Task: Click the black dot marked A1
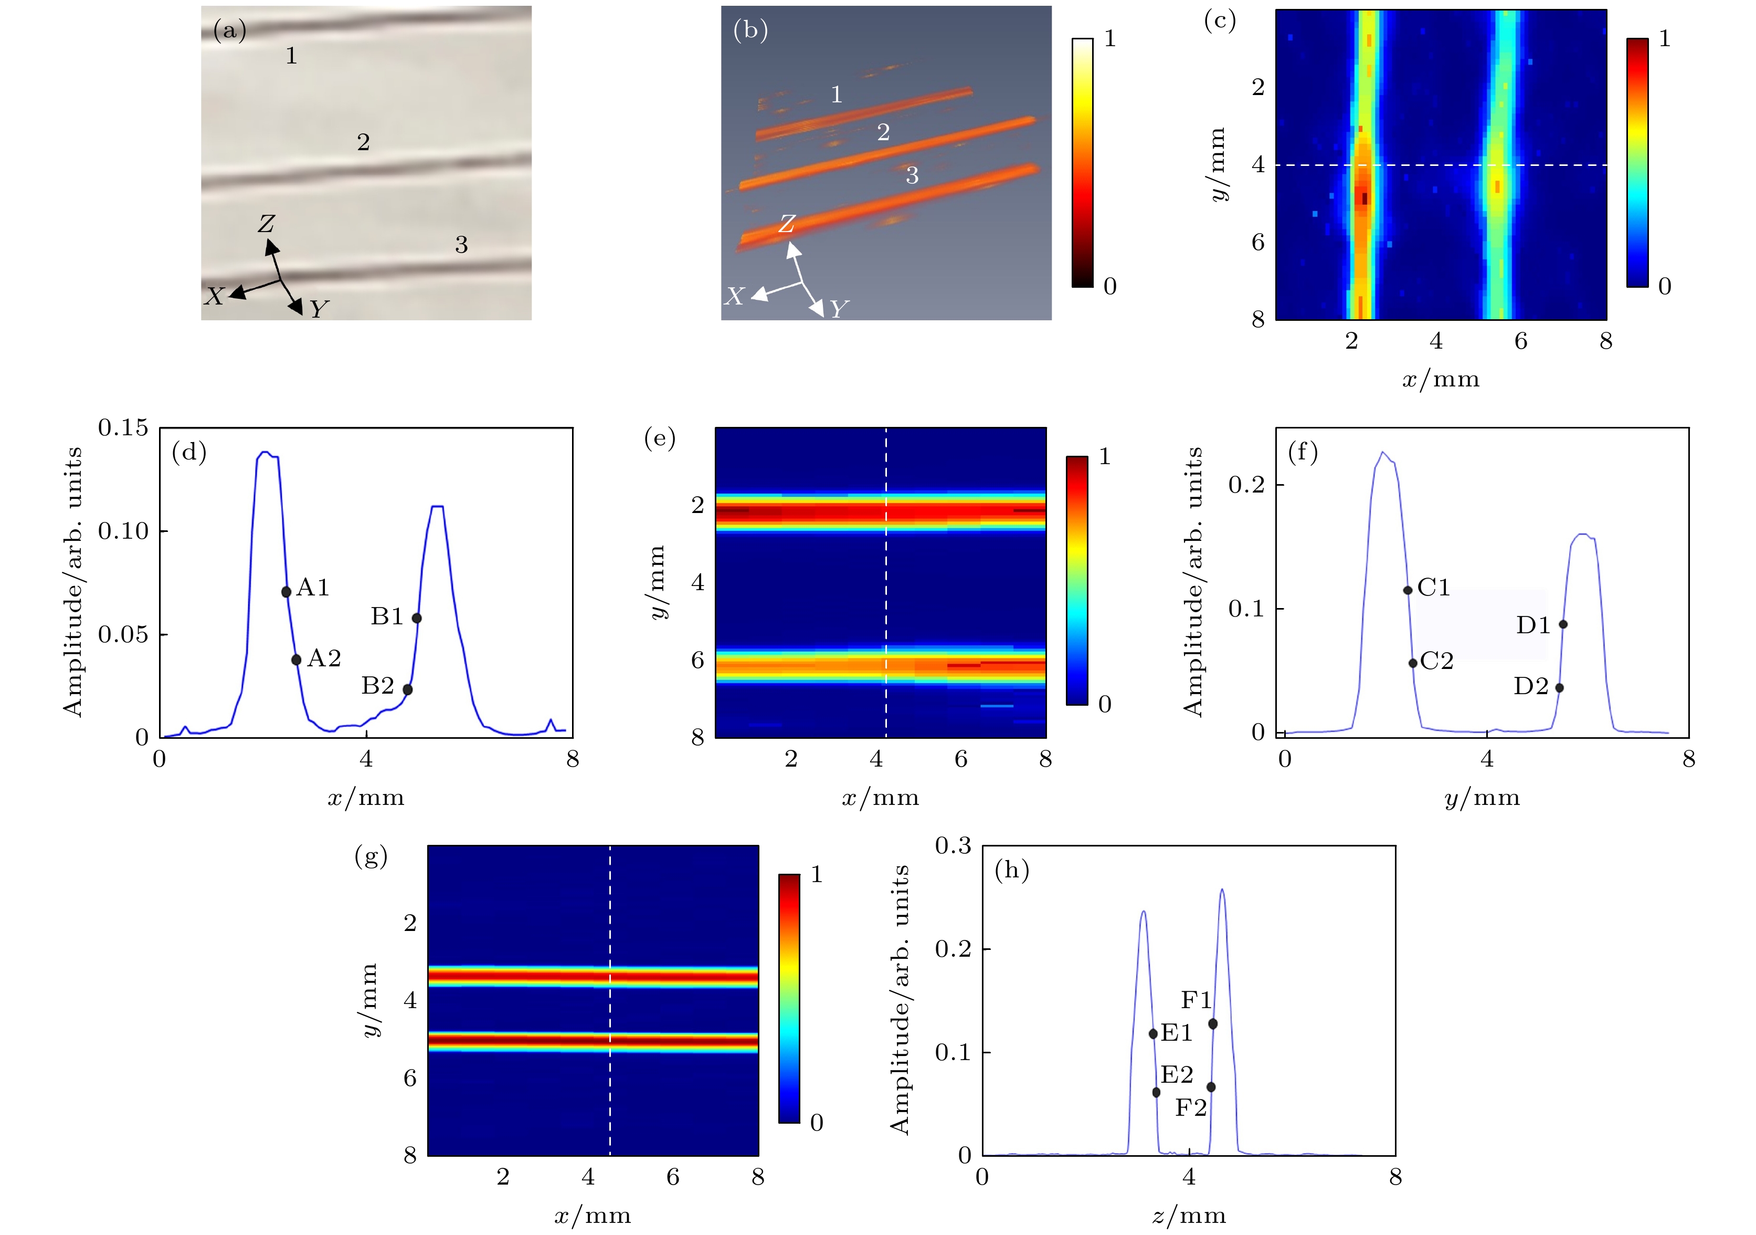click(x=286, y=591)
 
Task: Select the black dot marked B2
click(x=408, y=689)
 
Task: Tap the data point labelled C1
click(x=1407, y=590)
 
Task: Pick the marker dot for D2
click(x=1559, y=688)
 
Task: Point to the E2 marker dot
click(x=1156, y=1092)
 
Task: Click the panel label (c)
click(x=1219, y=20)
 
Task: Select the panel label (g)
click(x=371, y=857)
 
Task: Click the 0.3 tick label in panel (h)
click(x=953, y=845)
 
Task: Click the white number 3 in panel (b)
click(x=912, y=176)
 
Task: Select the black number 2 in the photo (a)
click(x=363, y=142)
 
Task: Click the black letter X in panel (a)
click(x=214, y=297)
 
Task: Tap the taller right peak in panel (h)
click(x=1221, y=890)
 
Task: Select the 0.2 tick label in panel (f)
click(x=1246, y=485)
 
